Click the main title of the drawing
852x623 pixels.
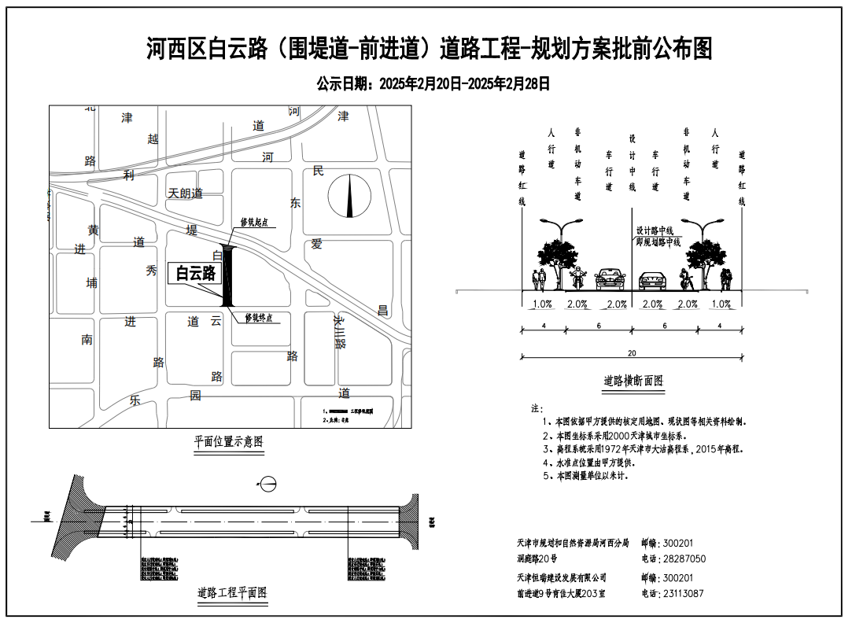tap(429, 49)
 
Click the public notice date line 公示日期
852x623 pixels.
tap(432, 83)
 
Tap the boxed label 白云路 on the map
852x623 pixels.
tap(195, 273)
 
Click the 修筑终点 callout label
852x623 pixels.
tap(259, 318)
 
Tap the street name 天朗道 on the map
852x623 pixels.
tap(186, 193)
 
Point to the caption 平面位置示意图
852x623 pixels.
tap(229, 442)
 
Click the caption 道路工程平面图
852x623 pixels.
tap(232, 593)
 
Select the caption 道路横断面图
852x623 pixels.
tap(633, 381)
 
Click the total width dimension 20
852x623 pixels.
tap(632, 353)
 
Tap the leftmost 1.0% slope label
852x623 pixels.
tap(542, 304)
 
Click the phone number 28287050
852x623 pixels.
tap(684, 558)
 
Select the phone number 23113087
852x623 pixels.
tap(684, 594)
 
